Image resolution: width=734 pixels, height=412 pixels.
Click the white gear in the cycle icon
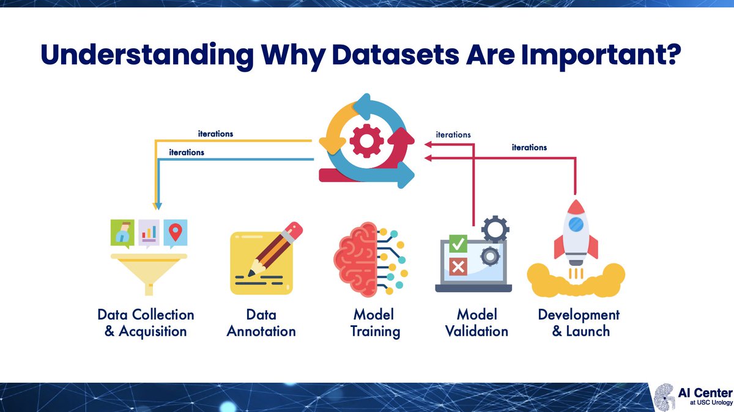tap(366, 141)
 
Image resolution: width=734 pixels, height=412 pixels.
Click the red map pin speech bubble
tap(176, 232)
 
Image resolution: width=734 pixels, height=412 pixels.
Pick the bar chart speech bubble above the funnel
tap(149, 233)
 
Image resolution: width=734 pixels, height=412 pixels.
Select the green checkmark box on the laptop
tap(458, 245)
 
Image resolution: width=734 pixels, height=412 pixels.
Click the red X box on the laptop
tap(458, 267)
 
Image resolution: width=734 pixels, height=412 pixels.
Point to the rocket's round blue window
tap(575, 225)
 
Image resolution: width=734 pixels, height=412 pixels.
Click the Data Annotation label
tap(261, 323)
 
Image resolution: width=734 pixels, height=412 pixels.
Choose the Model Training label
tap(374, 323)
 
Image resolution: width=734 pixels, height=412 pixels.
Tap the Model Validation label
tap(476, 323)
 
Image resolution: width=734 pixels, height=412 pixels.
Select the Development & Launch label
tap(578, 323)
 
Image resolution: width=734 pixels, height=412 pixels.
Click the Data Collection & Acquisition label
tap(146, 323)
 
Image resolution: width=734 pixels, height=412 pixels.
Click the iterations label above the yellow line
tap(215, 133)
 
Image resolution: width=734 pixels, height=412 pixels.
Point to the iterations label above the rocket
tap(529, 147)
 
